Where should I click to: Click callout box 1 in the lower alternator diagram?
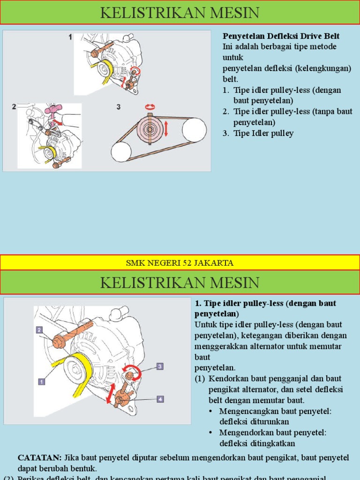41,382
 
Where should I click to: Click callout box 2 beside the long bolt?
39,330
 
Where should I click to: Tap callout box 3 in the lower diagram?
160,366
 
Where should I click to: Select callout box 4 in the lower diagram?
160,399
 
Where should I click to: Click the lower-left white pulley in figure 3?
121,152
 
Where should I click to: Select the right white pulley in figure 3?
194,130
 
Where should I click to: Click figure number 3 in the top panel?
119,107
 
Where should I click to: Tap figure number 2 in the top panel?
14,106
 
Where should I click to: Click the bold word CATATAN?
39,457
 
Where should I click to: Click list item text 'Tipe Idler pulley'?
263,133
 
